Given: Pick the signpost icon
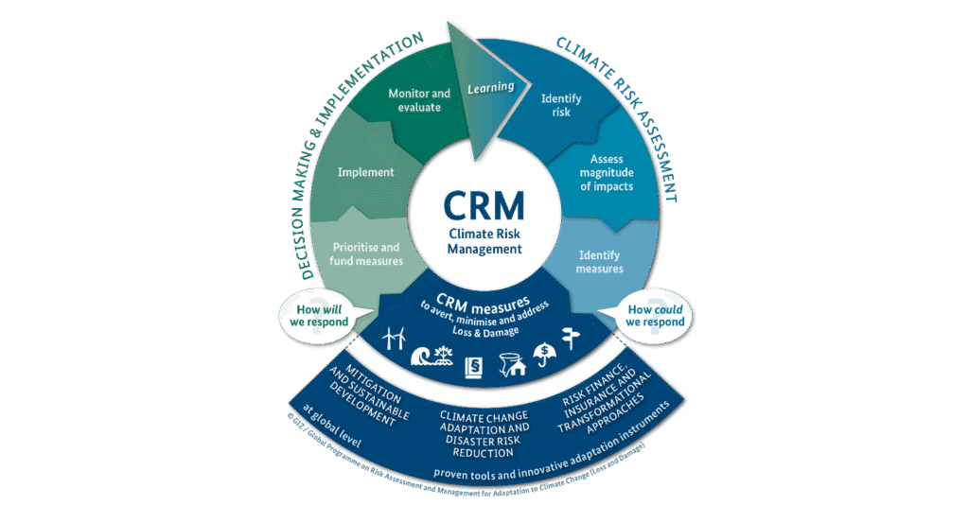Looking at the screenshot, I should click(x=572, y=338).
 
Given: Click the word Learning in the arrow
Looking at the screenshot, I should click(x=491, y=87).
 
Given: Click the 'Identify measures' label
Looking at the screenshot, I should click(x=600, y=261).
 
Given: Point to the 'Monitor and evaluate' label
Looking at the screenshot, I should click(x=420, y=100).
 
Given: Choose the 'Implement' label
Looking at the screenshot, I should click(x=365, y=172).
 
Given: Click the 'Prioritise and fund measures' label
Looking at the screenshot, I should click(x=367, y=253).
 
